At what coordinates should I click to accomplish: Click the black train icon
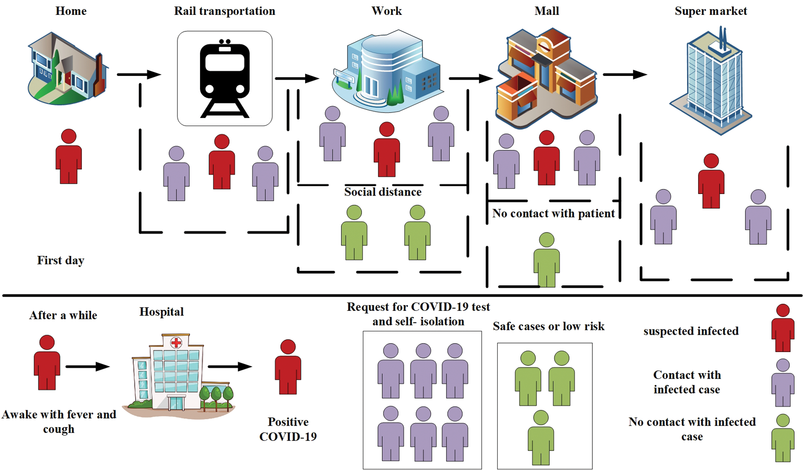click(224, 78)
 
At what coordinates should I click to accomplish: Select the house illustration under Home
click(67, 68)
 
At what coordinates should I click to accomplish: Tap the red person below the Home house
click(69, 156)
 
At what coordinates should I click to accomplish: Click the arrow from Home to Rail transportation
click(138, 75)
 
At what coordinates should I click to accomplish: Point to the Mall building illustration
click(546, 76)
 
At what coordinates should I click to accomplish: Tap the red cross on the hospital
click(177, 342)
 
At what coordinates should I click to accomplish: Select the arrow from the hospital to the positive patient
click(229, 366)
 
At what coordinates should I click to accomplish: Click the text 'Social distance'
click(383, 192)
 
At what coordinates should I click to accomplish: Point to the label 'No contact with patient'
click(553, 213)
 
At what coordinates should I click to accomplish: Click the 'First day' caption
click(61, 260)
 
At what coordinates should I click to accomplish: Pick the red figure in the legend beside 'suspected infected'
click(783, 328)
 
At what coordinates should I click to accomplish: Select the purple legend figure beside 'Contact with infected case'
click(783, 383)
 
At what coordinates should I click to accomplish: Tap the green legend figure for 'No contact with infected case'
click(783, 438)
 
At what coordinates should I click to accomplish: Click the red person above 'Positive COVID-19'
click(288, 367)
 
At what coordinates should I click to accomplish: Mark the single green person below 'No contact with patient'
click(546, 260)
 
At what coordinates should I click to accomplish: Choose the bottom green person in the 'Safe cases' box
click(541, 438)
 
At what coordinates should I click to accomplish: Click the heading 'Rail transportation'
click(224, 11)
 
